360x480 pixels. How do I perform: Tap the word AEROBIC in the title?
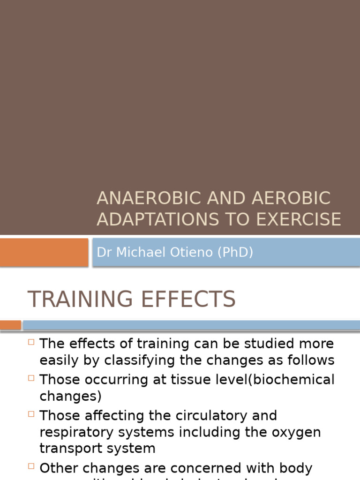click(x=291, y=198)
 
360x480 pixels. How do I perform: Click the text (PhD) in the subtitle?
click(x=235, y=252)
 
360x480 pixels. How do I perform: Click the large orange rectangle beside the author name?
click(x=44, y=252)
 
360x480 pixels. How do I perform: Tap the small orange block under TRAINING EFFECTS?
click(x=10, y=325)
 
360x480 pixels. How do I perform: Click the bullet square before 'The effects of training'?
click(x=31, y=342)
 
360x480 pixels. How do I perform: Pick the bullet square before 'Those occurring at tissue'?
click(x=31, y=377)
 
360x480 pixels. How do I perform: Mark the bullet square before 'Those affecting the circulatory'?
click(x=31, y=414)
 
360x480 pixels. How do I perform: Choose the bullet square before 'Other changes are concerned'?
click(x=31, y=466)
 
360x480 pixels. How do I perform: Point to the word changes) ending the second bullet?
click(x=70, y=397)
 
